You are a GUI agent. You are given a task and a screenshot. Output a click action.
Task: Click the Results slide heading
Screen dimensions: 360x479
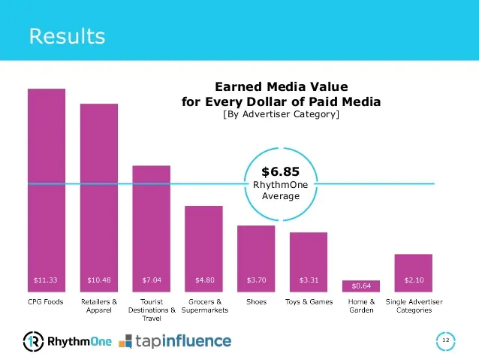pyautogui.click(x=67, y=35)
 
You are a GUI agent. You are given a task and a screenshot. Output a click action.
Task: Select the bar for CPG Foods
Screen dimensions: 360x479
pyautogui.click(x=46, y=188)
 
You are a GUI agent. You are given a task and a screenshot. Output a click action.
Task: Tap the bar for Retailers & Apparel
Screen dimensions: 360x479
pyautogui.click(x=99, y=195)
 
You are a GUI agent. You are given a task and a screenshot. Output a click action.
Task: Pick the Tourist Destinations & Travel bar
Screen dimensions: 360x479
pyautogui.click(x=151, y=225)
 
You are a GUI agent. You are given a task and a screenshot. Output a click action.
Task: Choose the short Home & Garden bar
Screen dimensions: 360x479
pyautogui.click(x=361, y=286)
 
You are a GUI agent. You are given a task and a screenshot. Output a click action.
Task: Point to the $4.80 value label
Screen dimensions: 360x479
pyautogui.click(x=204, y=280)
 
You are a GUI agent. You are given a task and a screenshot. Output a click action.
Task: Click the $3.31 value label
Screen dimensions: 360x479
pyautogui.click(x=309, y=280)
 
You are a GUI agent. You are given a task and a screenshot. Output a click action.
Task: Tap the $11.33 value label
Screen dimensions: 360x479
pyautogui.click(x=46, y=280)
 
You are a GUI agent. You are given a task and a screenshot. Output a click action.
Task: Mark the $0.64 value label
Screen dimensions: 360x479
pyautogui.click(x=361, y=286)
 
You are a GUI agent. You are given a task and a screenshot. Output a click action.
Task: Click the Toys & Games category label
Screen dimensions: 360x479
pyautogui.click(x=309, y=302)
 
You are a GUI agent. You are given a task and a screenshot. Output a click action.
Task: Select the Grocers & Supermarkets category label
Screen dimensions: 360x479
pyautogui.click(x=203, y=306)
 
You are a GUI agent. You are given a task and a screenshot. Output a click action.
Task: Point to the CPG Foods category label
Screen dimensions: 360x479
pyautogui.click(x=46, y=302)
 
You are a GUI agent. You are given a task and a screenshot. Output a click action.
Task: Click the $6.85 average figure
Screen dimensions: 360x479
pyautogui.click(x=280, y=172)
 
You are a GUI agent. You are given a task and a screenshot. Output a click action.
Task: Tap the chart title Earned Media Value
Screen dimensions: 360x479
pyautogui.click(x=281, y=87)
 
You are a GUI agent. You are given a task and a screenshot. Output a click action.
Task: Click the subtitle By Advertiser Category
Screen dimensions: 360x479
pyautogui.click(x=281, y=115)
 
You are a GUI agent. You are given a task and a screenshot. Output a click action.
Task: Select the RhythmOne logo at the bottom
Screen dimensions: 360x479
pyautogui.click(x=68, y=341)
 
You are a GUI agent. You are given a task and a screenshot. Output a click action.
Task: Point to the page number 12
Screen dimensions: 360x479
pyautogui.click(x=445, y=341)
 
